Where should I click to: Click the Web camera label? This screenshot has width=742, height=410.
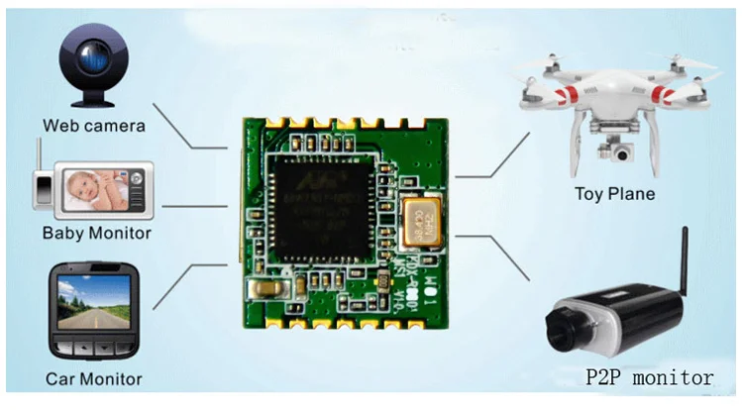94,126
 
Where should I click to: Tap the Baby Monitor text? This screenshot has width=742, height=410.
96,234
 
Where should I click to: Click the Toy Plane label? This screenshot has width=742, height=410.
614,193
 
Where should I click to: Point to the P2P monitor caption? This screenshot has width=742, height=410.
648,377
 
